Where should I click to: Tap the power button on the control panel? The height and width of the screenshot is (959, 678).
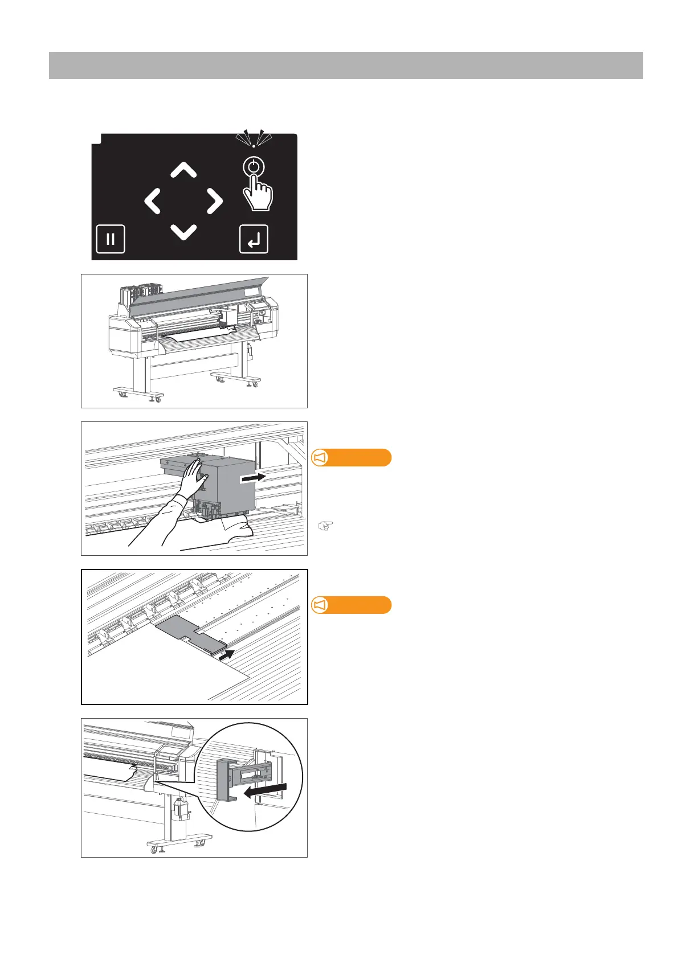[x=254, y=167]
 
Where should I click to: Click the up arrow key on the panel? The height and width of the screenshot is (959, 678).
[x=183, y=170]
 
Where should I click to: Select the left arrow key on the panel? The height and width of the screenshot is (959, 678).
[x=152, y=202]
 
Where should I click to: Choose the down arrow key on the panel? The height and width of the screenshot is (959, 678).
[x=183, y=232]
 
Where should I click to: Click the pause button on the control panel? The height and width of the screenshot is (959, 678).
[x=111, y=239]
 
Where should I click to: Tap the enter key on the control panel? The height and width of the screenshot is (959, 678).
[x=254, y=239]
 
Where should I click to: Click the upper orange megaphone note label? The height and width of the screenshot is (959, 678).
[x=352, y=458]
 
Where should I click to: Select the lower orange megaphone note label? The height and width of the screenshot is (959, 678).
[x=352, y=605]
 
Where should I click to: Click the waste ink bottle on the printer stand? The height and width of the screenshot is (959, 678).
[x=181, y=809]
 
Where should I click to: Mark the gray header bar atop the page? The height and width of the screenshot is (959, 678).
[x=346, y=65]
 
